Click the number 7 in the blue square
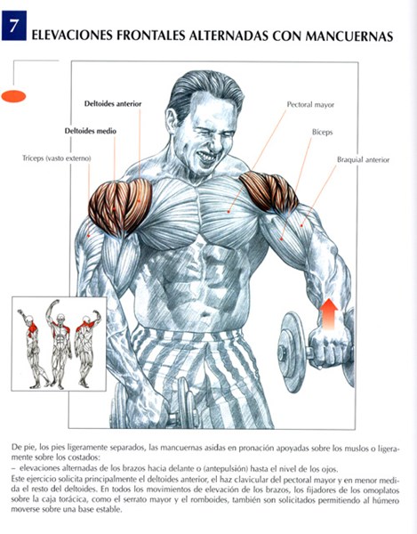pos(13,26)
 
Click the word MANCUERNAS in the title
pos(349,36)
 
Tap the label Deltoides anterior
pos(113,103)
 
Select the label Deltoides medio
pos(91,131)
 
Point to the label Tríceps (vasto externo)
pos(57,158)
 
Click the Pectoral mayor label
pos(310,104)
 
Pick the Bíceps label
pos(323,132)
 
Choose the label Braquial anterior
pos(364,159)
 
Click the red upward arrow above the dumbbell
pos(329,313)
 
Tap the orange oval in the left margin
pos(13,96)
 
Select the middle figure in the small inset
pos(60,344)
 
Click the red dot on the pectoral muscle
pos(229,212)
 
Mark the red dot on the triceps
pos(89,235)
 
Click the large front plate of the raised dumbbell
pos(291,352)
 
